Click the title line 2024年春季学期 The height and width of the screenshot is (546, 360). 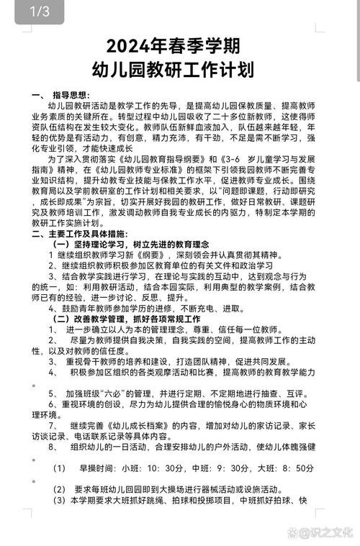click(x=179, y=47)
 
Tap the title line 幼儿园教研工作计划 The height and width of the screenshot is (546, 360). click(x=179, y=70)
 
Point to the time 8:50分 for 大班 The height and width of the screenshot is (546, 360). click(x=298, y=468)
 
